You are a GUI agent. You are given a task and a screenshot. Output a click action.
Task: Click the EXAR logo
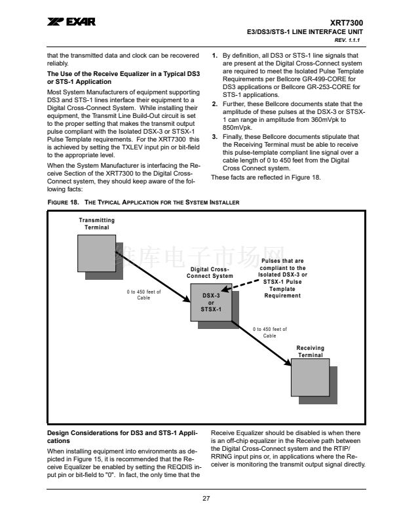click(71, 22)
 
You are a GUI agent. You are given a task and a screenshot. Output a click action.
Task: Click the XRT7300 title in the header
click(346, 23)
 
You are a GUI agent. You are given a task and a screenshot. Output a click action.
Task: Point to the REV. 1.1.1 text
click(347, 41)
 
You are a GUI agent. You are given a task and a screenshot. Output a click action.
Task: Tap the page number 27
click(206, 498)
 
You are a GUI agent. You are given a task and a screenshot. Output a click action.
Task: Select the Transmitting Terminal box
click(96, 253)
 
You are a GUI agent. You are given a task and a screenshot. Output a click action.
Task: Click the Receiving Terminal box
click(311, 377)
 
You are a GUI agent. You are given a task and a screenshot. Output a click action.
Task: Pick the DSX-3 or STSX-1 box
click(211, 303)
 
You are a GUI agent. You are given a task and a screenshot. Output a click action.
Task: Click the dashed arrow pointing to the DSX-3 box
click(240, 285)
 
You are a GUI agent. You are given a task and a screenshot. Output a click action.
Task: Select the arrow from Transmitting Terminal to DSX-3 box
click(153, 277)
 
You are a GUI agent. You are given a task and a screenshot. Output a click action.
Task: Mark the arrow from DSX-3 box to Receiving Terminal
click(261, 343)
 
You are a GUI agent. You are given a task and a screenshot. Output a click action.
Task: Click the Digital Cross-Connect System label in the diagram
click(210, 273)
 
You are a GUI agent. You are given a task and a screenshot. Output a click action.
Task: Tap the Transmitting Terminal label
click(96, 223)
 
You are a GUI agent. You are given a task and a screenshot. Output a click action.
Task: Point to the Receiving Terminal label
click(311, 351)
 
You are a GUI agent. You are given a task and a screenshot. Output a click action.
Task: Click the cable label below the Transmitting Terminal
click(143, 295)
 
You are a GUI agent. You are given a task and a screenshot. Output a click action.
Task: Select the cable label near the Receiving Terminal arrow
click(270, 332)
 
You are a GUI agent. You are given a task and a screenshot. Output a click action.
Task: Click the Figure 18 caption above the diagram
click(143, 202)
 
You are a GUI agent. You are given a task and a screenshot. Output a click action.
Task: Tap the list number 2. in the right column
click(215, 104)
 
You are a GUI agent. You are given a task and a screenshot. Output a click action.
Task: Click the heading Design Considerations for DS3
click(123, 437)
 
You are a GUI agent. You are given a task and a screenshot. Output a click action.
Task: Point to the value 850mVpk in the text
click(237, 128)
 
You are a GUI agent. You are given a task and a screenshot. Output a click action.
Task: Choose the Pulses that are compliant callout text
click(282, 278)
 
